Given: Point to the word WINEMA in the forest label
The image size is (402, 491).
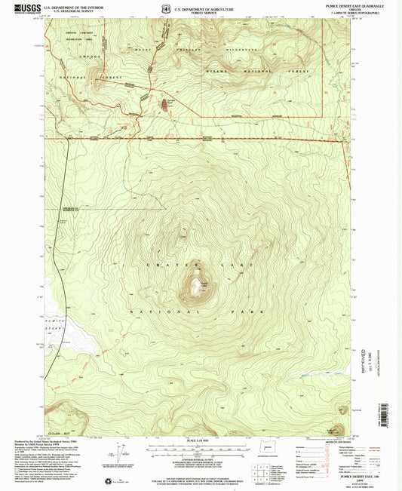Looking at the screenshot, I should click(x=221, y=72).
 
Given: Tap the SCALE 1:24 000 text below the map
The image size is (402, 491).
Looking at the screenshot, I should click(x=199, y=440).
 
